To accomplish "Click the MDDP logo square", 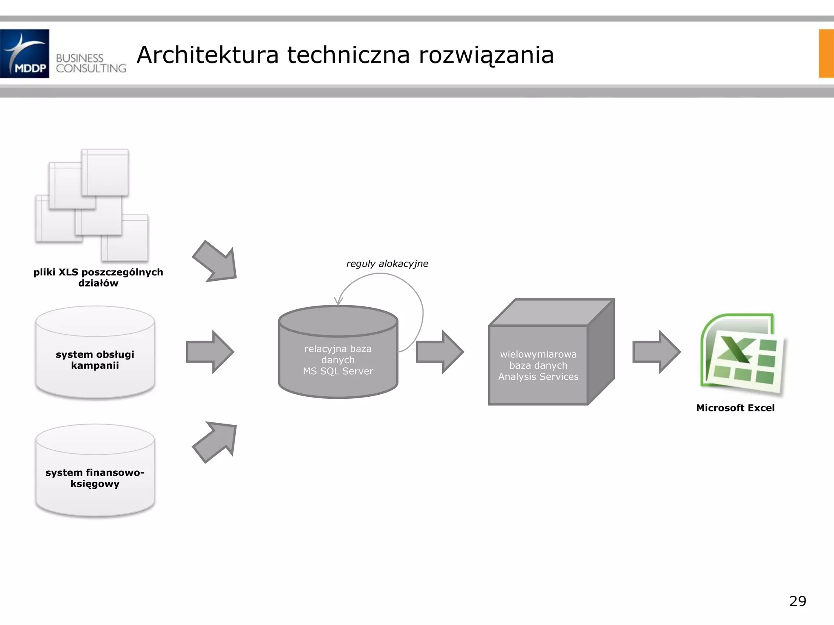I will [24, 53].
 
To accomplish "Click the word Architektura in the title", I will [208, 55].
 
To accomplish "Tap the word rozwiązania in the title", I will [486, 56].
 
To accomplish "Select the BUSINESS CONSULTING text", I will [91, 63].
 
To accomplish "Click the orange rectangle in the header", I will [826, 53].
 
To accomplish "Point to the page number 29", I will [797, 601].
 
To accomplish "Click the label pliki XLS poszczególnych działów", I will [98, 278].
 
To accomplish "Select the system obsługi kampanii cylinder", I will [95, 352].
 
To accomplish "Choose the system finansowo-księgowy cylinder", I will [95, 471].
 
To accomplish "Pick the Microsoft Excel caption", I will [735, 408].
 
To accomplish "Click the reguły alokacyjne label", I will [387, 264].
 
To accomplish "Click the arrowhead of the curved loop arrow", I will [338, 302].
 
